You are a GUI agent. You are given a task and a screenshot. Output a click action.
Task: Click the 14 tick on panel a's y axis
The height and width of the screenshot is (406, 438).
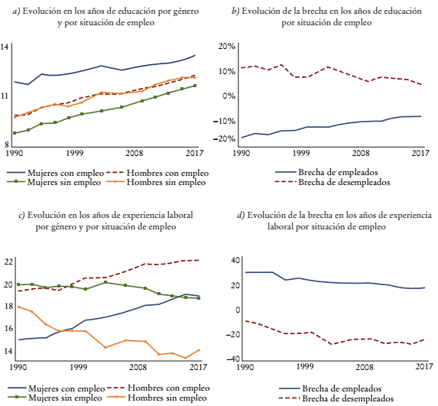pos(5,47)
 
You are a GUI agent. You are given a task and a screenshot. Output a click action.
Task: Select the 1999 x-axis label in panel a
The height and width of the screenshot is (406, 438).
pos(74,154)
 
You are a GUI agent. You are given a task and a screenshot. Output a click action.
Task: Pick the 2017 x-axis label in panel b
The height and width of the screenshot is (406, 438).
pos(419,154)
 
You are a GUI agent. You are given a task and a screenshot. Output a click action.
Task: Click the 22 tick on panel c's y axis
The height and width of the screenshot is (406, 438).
pos(8,261)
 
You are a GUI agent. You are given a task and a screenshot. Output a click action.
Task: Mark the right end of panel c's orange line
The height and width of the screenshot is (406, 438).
pos(199,349)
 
